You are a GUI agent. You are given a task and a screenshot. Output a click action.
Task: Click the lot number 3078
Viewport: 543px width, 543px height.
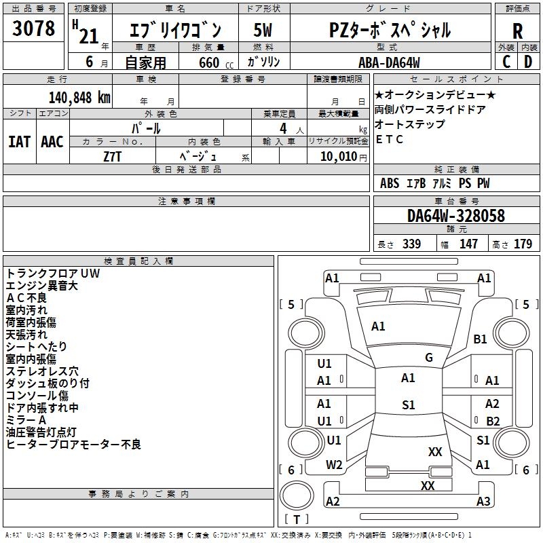33,29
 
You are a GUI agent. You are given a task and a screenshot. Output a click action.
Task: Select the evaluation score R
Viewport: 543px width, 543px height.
517,31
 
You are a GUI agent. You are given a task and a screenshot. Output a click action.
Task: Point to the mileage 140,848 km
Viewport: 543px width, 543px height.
79,97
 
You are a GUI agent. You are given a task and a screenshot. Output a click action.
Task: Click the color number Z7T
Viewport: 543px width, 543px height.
112,155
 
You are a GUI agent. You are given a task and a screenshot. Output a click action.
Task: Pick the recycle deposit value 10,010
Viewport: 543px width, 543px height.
336,156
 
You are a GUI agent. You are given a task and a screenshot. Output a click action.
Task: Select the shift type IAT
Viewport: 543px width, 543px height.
19,141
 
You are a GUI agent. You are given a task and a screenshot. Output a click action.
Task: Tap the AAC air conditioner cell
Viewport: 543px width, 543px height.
52,141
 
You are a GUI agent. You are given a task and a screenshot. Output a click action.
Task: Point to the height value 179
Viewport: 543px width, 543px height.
523,244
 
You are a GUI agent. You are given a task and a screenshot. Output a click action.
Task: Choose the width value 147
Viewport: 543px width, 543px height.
468,244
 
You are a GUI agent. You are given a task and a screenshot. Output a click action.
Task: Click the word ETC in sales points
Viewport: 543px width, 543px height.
389,140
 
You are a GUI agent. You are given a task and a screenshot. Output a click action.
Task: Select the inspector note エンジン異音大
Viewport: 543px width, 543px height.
42,286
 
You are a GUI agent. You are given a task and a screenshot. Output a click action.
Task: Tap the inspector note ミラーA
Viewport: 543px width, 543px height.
26,420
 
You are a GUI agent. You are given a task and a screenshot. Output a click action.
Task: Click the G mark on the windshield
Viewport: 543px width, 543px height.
428,358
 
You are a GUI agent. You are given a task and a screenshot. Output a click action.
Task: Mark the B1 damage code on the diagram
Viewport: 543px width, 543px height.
481,339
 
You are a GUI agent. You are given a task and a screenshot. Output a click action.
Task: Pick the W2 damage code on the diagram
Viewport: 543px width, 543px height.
334,465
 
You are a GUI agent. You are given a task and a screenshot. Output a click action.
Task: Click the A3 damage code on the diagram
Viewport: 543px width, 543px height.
483,502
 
